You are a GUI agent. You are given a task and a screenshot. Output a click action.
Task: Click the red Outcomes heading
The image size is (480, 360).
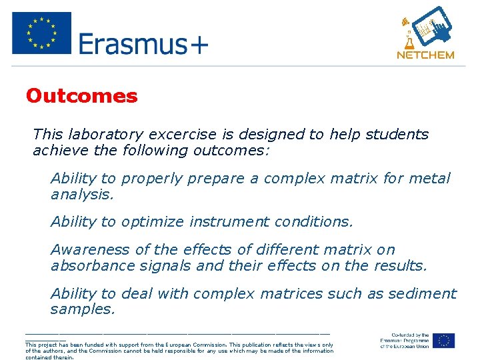(x=81, y=96)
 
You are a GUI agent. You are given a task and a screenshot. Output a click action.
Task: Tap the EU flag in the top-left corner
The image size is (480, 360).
(x=41, y=33)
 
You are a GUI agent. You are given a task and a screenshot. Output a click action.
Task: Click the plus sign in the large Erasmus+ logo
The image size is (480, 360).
(x=197, y=45)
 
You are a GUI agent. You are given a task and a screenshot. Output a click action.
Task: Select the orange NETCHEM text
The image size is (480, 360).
(x=425, y=55)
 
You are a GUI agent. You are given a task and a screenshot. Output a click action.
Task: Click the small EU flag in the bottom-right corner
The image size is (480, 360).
(x=443, y=340)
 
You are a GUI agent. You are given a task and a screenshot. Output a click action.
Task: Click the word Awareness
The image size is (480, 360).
(x=91, y=250)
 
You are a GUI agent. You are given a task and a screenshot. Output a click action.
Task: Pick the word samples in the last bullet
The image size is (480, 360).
(x=81, y=309)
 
